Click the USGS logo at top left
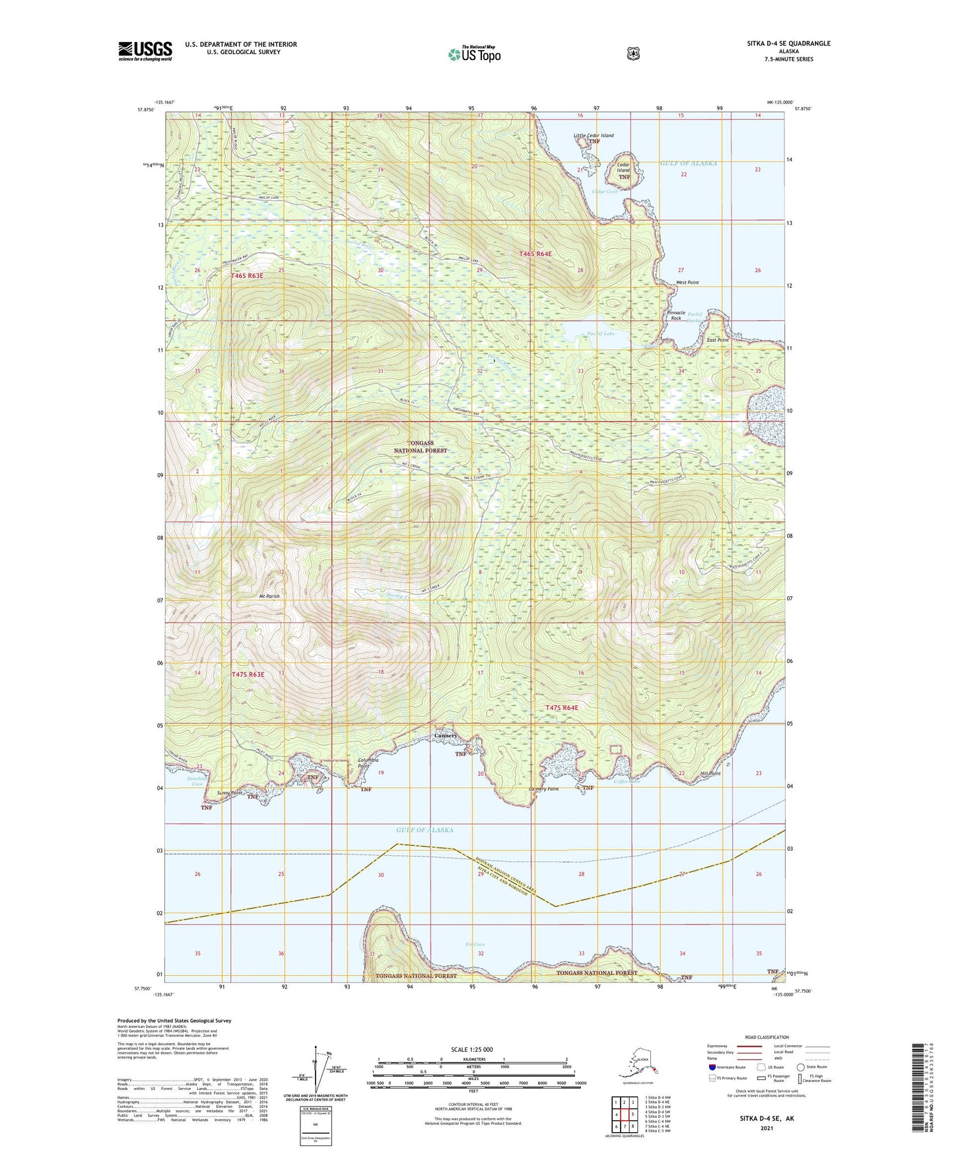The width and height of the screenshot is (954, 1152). coord(145,50)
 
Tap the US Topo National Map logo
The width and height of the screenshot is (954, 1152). coord(474,53)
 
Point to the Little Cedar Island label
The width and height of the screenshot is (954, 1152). coord(594,135)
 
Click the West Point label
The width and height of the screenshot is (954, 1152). coord(687,282)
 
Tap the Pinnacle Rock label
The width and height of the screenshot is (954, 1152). coord(676,315)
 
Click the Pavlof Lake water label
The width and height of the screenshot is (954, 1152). coord(601,334)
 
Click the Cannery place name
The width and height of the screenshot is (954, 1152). coord(446,736)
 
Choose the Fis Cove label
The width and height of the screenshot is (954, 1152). coord(475,944)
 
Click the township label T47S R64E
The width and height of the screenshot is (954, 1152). coord(562,707)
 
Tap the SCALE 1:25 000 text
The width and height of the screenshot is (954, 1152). coord(472,1049)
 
